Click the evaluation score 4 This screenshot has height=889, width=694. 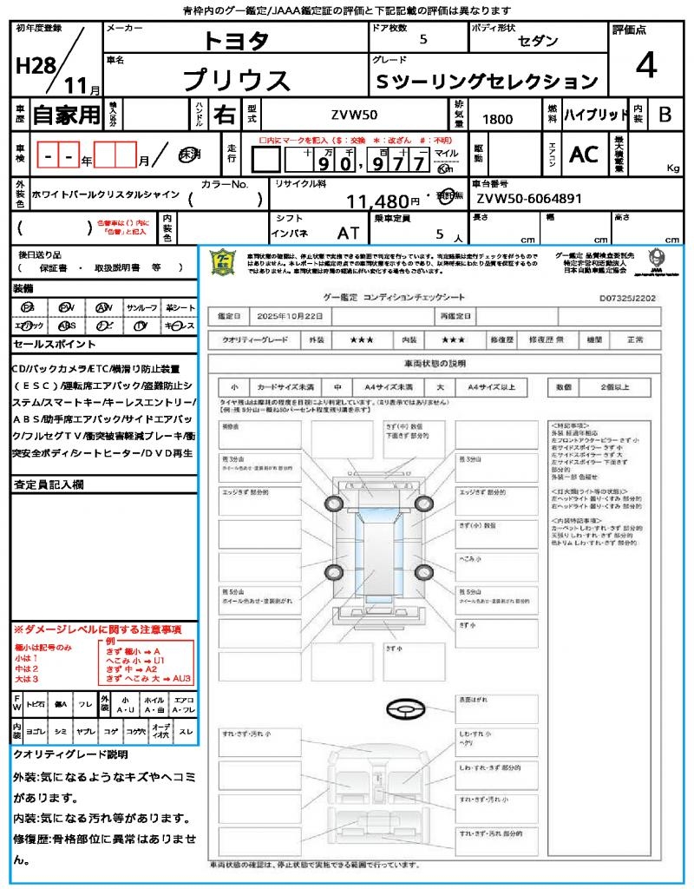(645, 66)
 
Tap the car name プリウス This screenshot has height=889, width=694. (236, 80)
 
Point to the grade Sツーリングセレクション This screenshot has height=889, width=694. (487, 82)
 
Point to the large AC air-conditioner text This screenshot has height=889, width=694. (584, 155)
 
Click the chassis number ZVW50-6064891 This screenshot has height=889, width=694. (529, 199)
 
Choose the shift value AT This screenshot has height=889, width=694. (348, 233)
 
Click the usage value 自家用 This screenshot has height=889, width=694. (67, 115)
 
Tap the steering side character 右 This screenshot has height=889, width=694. (224, 115)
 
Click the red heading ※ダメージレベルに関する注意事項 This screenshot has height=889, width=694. (97, 629)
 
